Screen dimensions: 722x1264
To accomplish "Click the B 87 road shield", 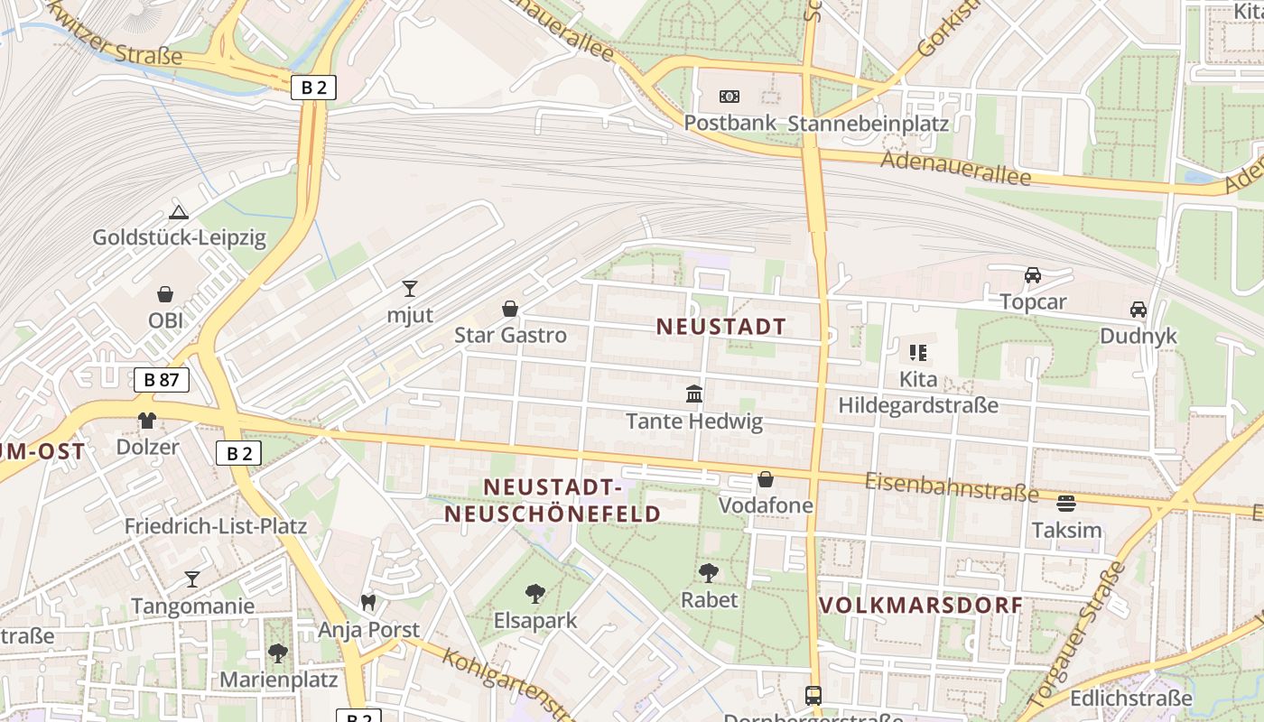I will (162, 380).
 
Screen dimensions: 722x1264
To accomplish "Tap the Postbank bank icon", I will (729, 97).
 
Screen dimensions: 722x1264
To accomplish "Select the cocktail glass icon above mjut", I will (410, 289).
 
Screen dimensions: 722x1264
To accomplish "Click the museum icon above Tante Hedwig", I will (694, 394).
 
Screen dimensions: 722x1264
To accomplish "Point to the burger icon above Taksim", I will (1066, 504).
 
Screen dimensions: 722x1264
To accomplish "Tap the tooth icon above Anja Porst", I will (367, 602).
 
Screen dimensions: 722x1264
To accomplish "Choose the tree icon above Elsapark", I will (535, 593).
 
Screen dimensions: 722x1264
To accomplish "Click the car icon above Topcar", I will (1033, 274).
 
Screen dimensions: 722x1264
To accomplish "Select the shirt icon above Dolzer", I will (147, 420).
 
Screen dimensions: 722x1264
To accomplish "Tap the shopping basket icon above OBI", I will (165, 294).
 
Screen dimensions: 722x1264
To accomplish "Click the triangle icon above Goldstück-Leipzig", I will (179, 213).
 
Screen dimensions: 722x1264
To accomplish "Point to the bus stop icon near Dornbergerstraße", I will (813, 696).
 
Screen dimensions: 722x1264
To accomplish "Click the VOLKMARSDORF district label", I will (921, 605).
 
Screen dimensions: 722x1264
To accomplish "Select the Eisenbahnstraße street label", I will (952, 486).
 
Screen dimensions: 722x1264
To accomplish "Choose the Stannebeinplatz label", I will (869, 124).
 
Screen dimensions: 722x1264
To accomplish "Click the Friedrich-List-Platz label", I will (216, 526).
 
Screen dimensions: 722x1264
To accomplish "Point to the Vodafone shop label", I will (766, 505).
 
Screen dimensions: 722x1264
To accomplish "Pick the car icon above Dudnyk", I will (1139, 310).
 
